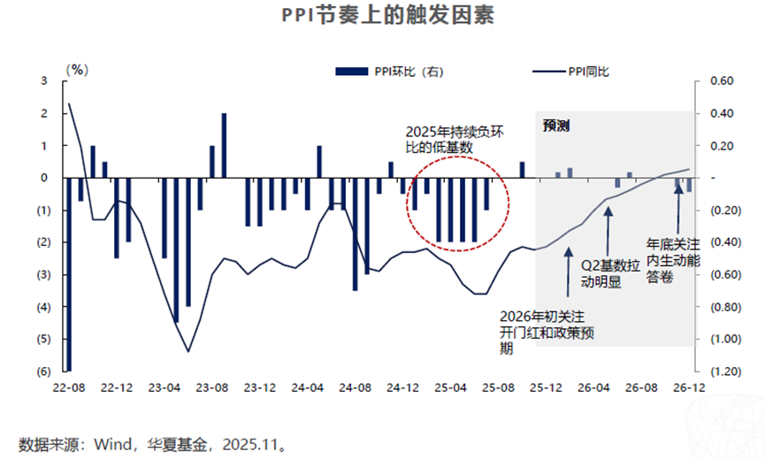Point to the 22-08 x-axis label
click(68, 387)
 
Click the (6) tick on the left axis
click(42, 371)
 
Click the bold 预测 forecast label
click(556, 126)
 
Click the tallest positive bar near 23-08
click(224, 146)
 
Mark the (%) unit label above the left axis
click(79, 65)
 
